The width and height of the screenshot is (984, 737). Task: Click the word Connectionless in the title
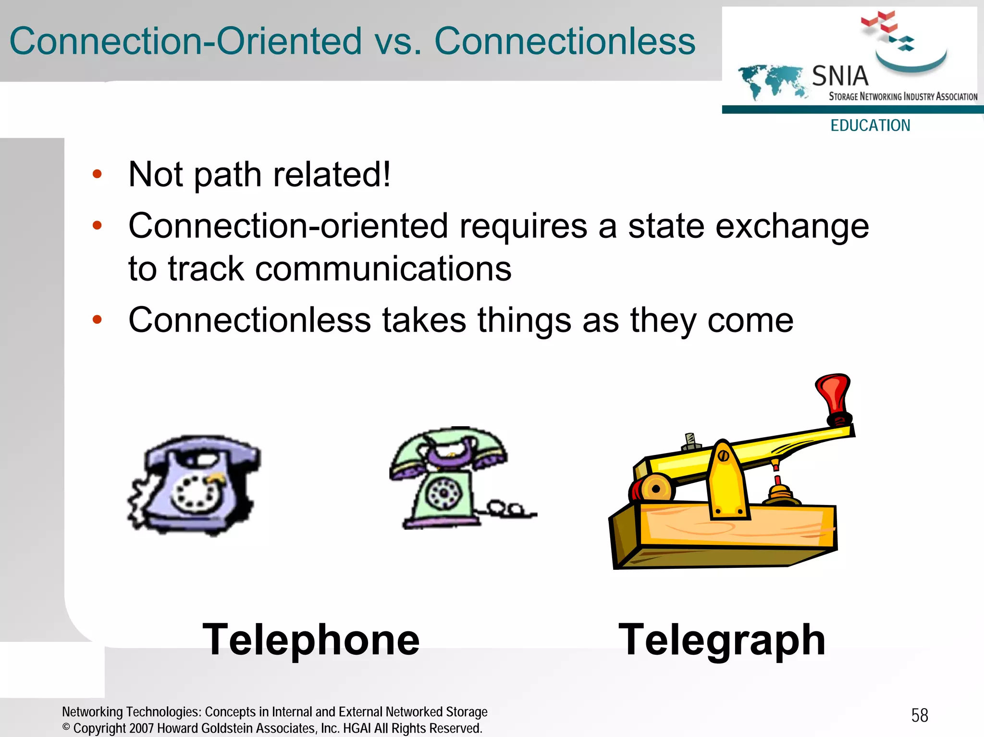pos(565,41)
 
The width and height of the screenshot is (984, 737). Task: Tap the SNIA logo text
pos(840,76)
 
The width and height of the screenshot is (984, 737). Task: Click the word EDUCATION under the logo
pos(870,125)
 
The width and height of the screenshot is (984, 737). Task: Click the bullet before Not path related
pos(98,174)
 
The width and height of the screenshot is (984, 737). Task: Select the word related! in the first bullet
pos(332,175)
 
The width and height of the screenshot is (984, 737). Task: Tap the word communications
pos(383,269)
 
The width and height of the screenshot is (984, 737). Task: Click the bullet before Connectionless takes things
pos(98,319)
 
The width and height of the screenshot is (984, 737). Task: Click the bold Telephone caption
pos(311,639)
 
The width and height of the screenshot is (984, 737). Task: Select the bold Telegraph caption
pos(722,639)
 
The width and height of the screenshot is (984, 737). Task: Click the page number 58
pos(920,715)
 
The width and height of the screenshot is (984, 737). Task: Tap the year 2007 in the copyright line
pos(142,728)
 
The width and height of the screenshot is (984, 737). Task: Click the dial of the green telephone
pos(444,493)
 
